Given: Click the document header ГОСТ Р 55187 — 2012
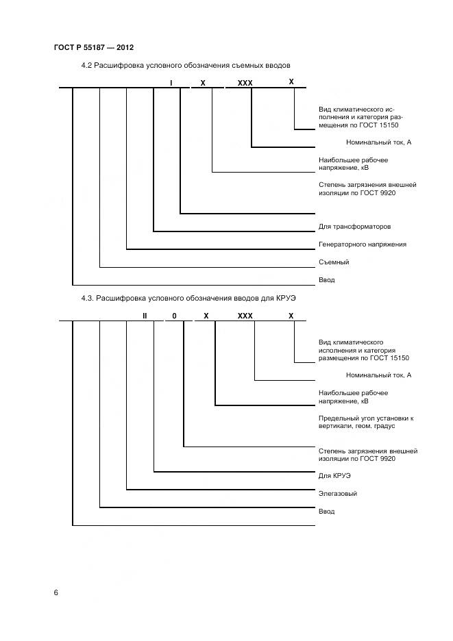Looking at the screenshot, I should click(93, 47).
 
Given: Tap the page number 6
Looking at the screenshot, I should click(56, 592).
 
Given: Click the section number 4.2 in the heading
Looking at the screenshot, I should click(86, 66).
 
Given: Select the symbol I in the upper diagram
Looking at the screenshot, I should click(171, 83).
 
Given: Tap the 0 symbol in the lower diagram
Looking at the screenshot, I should click(174, 316).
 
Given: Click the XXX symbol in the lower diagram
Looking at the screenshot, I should click(245, 316).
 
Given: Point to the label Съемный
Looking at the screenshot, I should click(334, 262).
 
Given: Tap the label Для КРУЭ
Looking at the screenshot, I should click(335, 475).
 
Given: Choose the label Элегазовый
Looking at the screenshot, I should click(338, 493).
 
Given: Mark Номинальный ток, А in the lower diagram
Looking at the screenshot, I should click(378, 375).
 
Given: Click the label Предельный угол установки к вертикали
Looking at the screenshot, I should click(366, 422).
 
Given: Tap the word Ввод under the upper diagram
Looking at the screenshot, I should click(327, 280).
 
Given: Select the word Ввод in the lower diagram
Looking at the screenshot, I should click(327, 511).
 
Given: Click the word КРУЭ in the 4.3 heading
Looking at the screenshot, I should click(284, 299).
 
